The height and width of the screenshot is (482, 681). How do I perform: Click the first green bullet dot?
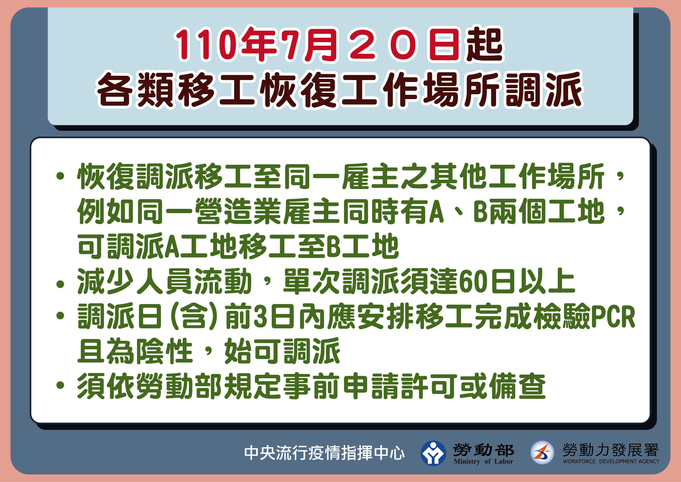(x=60, y=176)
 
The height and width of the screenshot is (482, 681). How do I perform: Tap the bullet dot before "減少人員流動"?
(x=60, y=284)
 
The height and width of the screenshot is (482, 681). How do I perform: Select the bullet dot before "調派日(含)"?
(x=60, y=316)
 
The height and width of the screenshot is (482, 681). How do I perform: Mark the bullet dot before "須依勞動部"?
(x=60, y=385)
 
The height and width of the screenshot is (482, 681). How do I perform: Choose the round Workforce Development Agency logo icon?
(x=542, y=453)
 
